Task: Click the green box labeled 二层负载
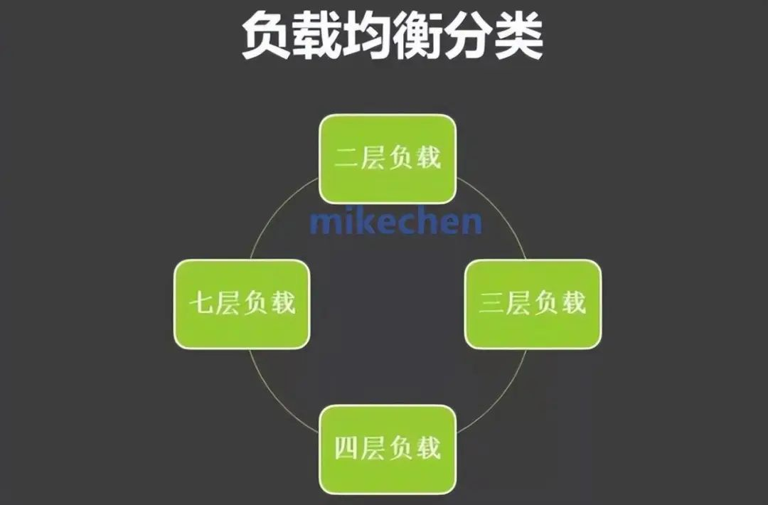pos(388,159)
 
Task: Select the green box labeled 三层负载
pos(533,304)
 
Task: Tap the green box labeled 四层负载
pos(388,449)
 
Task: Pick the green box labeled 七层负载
pos(242,304)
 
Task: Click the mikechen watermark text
pos(395,222)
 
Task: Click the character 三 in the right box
pos(491,304)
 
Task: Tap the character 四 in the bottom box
pos(347,449)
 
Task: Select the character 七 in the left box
pos(201,304)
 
